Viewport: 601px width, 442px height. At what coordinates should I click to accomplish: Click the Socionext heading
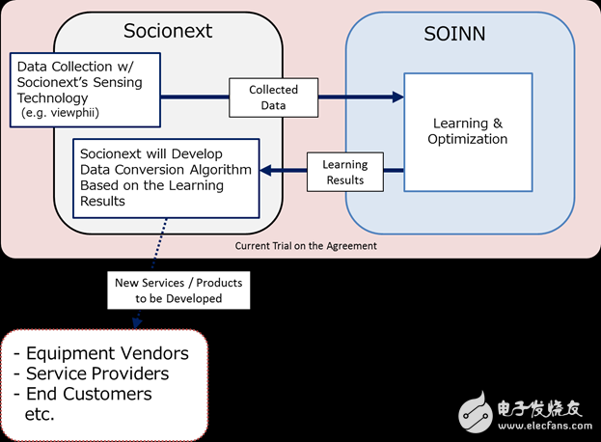[x=168, y=31]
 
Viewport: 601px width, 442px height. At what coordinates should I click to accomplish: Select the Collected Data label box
[x=274, y=97]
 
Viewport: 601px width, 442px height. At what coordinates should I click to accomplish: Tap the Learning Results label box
[x=344, y=172]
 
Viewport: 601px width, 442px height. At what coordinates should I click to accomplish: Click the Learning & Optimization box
[x=468, y=131]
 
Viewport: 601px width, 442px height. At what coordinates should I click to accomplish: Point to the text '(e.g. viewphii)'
[x=61, y=114]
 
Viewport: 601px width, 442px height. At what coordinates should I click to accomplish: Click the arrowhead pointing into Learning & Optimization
[x=396, y=97]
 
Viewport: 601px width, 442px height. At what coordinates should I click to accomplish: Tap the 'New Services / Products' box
[x=179, y=290]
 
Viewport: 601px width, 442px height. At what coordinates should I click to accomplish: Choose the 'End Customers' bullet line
[x=88, y=394]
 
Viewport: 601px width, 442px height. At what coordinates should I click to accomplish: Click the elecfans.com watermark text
[x=542, y=422]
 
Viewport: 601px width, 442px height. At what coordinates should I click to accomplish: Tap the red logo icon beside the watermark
[x=478, y=410]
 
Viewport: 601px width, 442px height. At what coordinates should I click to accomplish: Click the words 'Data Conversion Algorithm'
[x=166, y=170]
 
